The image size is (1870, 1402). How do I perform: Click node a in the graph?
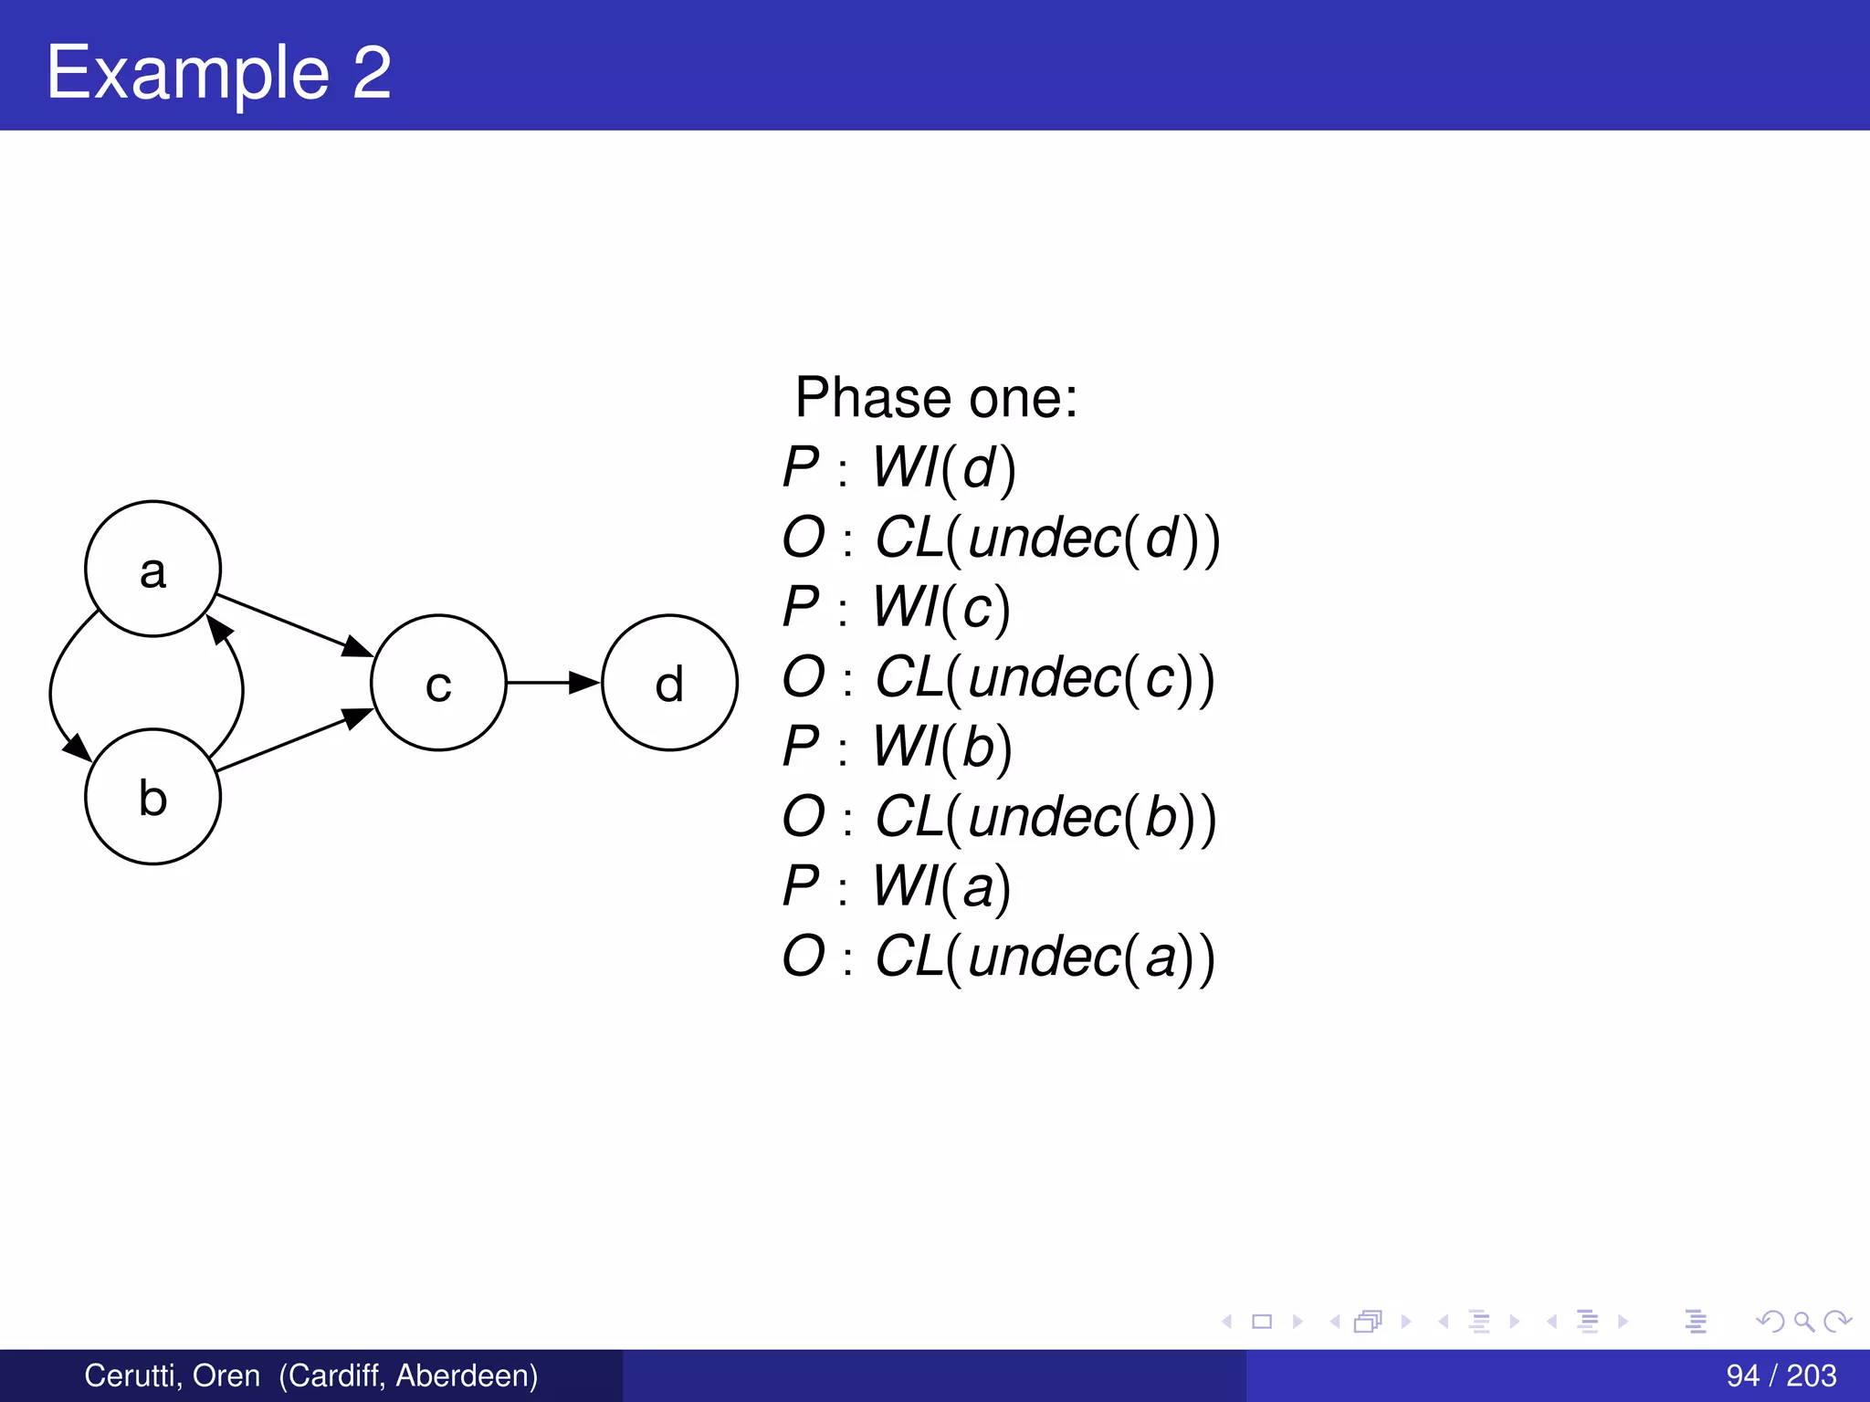pyautogui.click(x=152, y=569)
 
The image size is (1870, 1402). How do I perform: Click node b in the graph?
pyautogui.click(x=152, y=796)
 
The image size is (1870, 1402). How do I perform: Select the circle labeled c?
pyautogui.click(x=438, y=683)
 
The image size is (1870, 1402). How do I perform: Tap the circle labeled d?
pyautogui.click(x=669, y=683)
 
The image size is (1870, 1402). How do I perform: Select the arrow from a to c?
pyautogui.click(x=292, y=625)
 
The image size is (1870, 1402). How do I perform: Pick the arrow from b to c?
pyautogui.click(x=292, y=741)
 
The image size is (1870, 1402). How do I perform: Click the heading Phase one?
pyautogui.click(x=936, y=398)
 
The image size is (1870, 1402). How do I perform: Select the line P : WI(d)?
pyautogui.click(x=899, y=468)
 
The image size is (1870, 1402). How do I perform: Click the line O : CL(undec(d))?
pyautogui.click(x=1001, y=538)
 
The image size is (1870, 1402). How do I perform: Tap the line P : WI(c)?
pyautogui.click(x=897, y=607)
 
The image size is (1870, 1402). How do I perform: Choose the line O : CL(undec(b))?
pyautogui.click(x=999, y=816)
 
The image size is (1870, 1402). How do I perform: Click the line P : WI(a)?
pyautogui.click(x=897, y=886)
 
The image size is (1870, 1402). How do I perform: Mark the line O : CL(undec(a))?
pyautogui.click(x=999, y=957)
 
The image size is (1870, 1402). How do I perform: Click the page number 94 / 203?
pyautogui.click(x=1781, y=1376)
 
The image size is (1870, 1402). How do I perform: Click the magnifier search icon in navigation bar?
pyautogui.click(x=1803, y=1321)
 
